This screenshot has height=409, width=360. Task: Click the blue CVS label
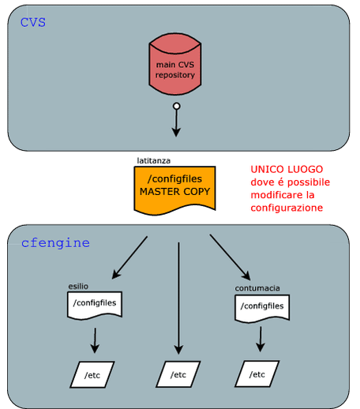(33, 22)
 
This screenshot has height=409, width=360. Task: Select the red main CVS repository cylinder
(175, 64)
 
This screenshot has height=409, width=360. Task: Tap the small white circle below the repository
(177, 106)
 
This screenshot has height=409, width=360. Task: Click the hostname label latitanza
(154, 160)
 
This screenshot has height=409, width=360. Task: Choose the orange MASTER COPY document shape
(174, 190)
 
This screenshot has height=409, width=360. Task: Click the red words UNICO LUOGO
(287, 169)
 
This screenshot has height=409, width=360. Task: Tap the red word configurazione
(287, 208)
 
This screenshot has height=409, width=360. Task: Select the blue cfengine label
(55, 242)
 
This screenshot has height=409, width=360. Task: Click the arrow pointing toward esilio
(129, 257)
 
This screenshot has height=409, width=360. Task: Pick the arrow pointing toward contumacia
(230, 257)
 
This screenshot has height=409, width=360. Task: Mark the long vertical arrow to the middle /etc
(178, 298)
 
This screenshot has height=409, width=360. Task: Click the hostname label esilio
(78, 287)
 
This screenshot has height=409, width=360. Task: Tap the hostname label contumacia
(257, 288)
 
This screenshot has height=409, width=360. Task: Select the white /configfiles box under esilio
(95, 306)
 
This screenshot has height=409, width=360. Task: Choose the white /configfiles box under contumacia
(262, 309)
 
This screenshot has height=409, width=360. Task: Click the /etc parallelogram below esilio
(92, 374)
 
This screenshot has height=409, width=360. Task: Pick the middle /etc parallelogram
(178, 374)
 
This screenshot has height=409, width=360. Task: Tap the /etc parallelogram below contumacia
(257, 373)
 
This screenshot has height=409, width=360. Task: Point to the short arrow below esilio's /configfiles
(95, 340)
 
